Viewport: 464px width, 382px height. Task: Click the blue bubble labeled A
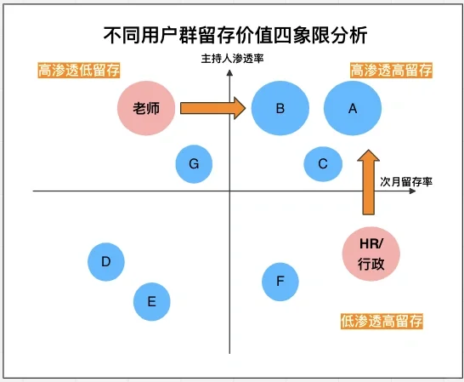click(354, 108)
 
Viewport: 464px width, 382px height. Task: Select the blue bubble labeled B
click(280, 108)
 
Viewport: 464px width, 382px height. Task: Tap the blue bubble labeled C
click(323, 163)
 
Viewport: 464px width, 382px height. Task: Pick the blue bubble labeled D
click(106, 261)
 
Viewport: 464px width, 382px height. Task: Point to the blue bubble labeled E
click(151, 300)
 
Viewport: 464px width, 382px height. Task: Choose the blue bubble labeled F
click(280, 282)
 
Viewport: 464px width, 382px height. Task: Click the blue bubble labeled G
click(194, 163)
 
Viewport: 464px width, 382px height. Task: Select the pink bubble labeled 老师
click(147, 108)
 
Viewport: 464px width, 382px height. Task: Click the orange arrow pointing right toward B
click(212, 108)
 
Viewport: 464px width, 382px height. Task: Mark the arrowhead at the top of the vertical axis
click(229, 73)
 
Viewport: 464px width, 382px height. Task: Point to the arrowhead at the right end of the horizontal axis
click(412, 192)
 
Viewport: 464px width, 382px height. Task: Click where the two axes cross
click(229, 192)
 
